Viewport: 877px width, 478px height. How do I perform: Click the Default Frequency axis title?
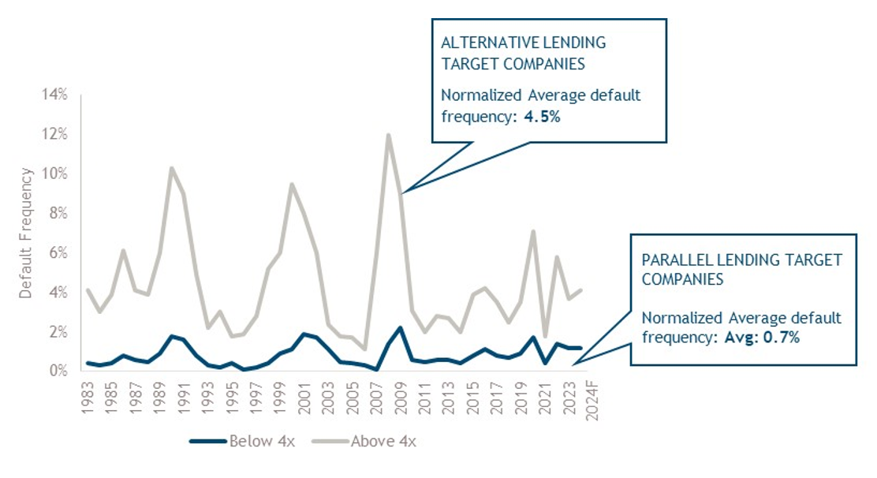(26, 233)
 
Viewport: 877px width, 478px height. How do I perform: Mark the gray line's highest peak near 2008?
(389, 135)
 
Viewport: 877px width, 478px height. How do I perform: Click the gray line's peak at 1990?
(172, 168)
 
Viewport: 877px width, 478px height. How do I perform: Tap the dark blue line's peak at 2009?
(401, 327)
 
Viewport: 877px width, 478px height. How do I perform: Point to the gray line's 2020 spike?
(534, 231)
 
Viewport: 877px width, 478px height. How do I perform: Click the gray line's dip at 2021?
(546, 336)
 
